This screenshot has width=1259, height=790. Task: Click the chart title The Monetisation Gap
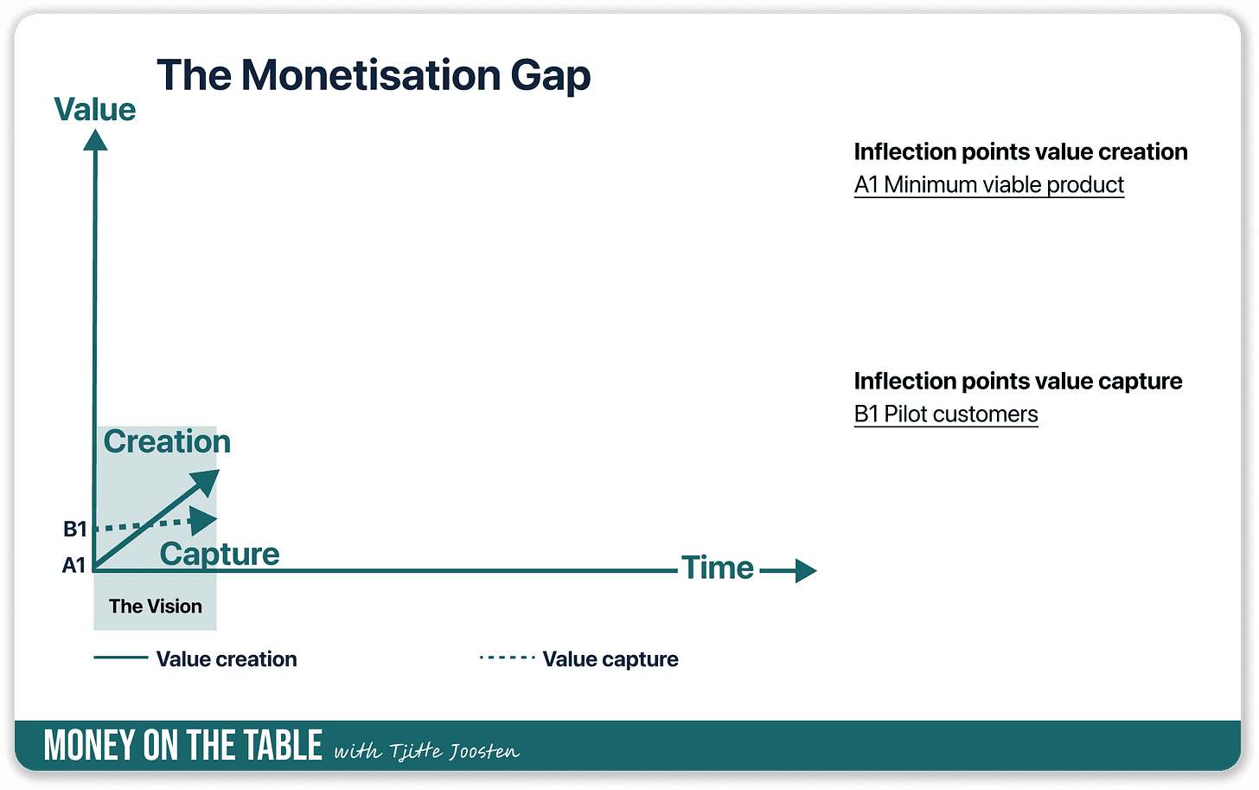pos(374,75)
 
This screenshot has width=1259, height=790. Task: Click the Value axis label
pos(95,109)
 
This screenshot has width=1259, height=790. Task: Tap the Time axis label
pos(717,568)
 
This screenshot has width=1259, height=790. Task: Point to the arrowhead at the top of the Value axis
pos(95,140)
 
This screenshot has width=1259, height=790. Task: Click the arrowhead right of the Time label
pos(806,571)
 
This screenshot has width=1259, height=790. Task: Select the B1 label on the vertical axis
pos(74,529)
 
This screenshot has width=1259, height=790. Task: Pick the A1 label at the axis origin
pos(73,565)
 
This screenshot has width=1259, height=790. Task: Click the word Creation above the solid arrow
pos(167,441)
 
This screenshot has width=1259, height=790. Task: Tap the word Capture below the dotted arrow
pos(220,555)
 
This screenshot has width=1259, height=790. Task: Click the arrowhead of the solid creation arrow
pos(207,481)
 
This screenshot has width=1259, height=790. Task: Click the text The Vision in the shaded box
pos(156,607)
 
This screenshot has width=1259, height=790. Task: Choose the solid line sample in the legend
pos(121,658)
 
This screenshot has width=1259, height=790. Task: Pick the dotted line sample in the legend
pos(507,658)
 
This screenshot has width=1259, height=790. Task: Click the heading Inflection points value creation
pos(1020,151)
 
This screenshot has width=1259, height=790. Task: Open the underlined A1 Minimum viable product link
pos(989,185)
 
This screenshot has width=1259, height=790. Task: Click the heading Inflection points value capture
pos(1018,382)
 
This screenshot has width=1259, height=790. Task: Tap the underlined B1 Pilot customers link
pos(946,414)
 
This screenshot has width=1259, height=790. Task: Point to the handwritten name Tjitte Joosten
pos(454,751)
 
